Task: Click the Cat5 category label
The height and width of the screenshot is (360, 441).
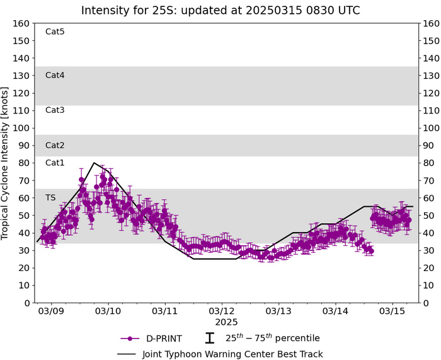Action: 55,32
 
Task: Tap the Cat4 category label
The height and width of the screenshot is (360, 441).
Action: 55,75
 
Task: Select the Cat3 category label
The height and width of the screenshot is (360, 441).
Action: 55,110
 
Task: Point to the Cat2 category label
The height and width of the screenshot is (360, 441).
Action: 55,145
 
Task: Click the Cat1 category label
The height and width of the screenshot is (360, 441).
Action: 55,163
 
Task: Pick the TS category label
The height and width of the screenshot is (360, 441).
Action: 50,197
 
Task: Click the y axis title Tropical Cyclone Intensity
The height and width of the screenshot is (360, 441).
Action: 6,163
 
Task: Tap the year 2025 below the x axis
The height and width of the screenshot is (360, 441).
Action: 222,322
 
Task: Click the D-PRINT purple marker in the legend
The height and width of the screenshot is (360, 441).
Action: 129,338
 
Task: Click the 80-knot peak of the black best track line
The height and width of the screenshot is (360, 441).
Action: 94,163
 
